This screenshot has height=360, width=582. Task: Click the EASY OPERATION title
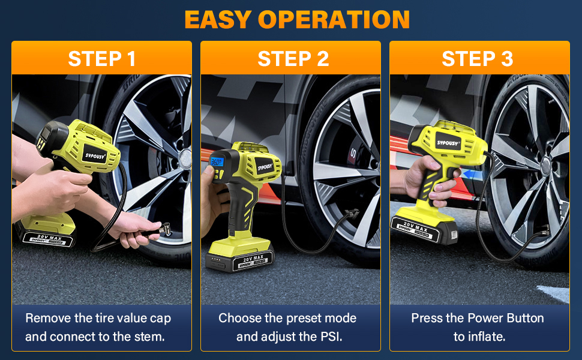pos(297,19)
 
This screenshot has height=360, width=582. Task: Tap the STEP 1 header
pos(101,58)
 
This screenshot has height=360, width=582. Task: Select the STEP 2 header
pos(293,58)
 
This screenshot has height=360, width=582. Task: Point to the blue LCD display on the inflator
pos(217,161)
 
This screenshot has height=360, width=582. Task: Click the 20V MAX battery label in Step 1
pos(50,237)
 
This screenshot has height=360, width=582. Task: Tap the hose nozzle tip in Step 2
pos(353,214)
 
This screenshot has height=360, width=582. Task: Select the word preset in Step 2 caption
pos(302,318)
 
